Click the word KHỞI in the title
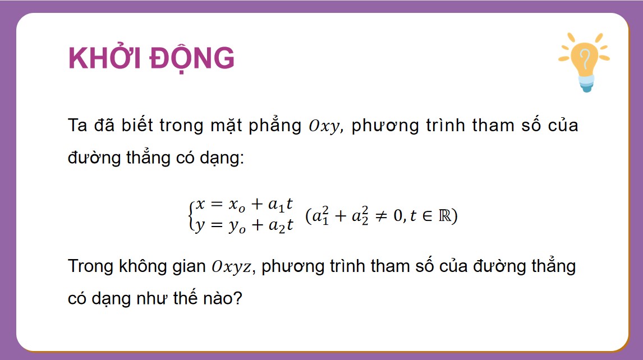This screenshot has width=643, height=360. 102,58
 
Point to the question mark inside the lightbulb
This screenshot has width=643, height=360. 585,58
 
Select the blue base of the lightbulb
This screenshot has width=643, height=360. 586,85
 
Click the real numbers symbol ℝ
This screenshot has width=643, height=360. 444,216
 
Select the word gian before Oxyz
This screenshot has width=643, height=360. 187,266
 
